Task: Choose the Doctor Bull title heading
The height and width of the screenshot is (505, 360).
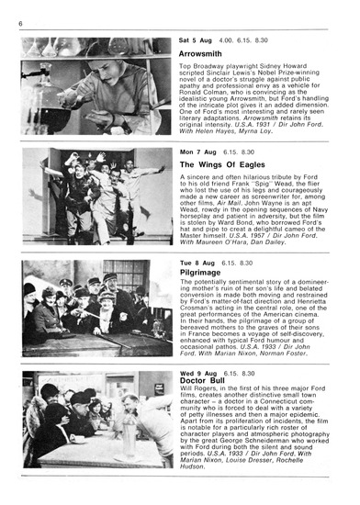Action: click(205, 385)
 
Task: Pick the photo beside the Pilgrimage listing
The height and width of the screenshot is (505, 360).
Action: click(96, 308)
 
